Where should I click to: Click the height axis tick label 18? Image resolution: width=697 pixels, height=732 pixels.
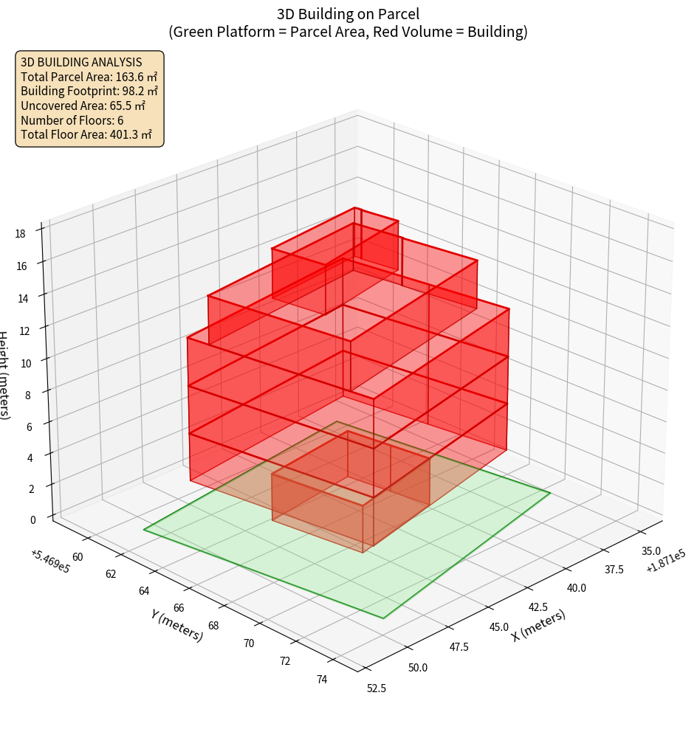tap(21, 234)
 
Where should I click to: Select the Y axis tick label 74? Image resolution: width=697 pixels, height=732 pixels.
tap(322, 680)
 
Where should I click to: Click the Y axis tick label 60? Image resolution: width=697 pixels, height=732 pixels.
tap(78, 557)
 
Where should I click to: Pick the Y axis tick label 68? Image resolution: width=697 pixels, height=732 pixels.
tap(213, 626)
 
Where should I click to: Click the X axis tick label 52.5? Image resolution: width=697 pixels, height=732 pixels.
tap(377, 688)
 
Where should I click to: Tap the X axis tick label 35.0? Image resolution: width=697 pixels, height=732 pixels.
tap(651, 551)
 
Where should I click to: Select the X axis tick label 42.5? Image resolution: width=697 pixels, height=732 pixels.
tap(538, 607)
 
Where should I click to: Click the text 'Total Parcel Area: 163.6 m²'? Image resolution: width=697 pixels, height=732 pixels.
tap(89, 76)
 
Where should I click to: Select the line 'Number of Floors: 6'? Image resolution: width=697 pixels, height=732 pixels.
tap(72, 120)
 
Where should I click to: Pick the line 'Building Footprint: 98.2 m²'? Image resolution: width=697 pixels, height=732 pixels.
tap(89, 91)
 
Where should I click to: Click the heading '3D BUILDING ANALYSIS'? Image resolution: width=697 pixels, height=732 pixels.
tap(81, 62)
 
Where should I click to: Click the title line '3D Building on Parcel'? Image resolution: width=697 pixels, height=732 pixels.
tap(348, 13)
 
